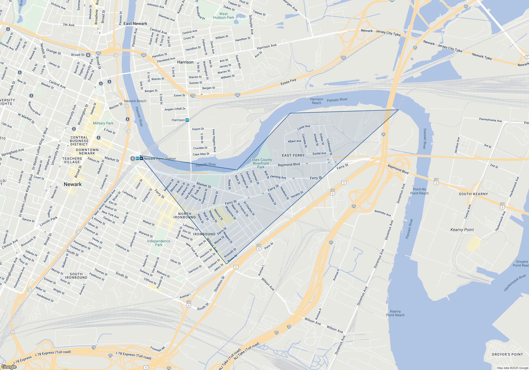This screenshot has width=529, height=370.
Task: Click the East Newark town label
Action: click(135, 24)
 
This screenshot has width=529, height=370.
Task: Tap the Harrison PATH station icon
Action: click(187, 120)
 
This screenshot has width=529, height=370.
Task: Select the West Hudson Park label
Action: click(224, 16)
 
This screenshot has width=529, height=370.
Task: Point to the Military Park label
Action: click(103, 123)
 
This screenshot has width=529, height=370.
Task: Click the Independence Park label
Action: click(159, 243)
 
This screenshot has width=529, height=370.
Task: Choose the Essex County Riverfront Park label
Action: click(261, 163)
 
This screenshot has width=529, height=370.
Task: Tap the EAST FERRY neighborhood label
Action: click(293, 155)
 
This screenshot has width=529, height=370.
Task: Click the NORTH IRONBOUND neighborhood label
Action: click(185, 215)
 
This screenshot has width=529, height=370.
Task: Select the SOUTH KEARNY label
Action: click(473, 194)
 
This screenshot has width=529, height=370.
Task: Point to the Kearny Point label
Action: click(462, 230)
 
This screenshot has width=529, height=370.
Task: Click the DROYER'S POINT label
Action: click(507, 354)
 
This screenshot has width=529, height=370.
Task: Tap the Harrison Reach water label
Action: click(316, 101)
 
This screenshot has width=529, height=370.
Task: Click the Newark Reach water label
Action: click(135, 101)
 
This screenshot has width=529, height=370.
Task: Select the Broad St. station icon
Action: click(88, 55)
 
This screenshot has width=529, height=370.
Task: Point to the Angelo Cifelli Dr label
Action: click(175, 109)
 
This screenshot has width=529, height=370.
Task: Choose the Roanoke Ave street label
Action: click(382, 213)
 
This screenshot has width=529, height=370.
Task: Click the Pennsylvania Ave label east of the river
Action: click(490, 120)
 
